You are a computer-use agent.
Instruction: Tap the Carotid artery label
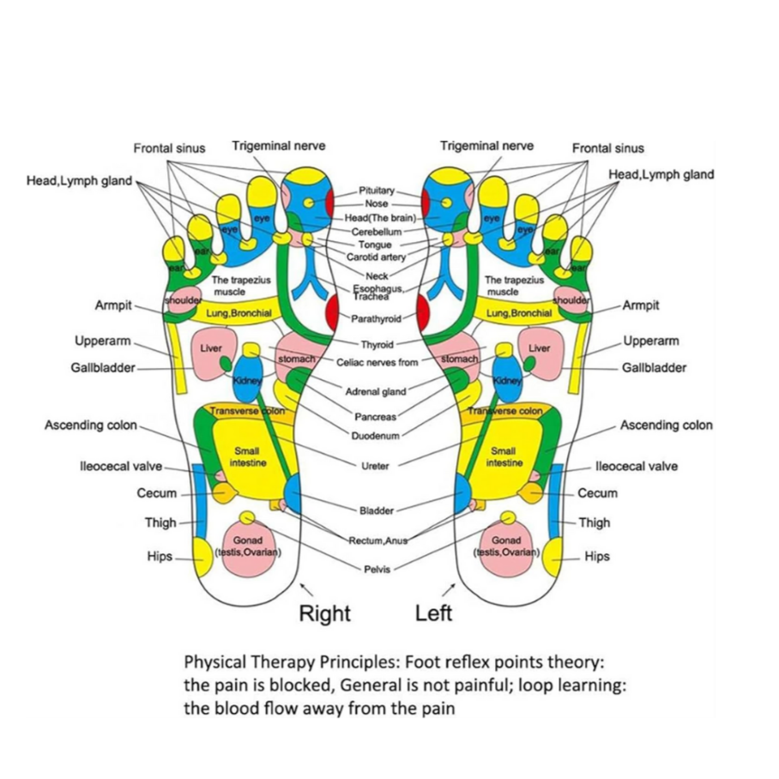coord(376,257)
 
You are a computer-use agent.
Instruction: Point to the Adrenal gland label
coord(376,391)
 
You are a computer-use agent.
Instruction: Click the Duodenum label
coord(375,436)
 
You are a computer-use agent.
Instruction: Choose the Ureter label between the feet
coord(376,466)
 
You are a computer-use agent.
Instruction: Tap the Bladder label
coord(376,511)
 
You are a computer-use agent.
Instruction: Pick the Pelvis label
coord(377,569)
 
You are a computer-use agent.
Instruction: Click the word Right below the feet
coord(324,613)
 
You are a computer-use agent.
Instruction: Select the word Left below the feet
coord(433,613)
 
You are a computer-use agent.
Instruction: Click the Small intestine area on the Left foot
coord(504,456)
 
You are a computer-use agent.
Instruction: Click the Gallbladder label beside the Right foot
coord(103,368)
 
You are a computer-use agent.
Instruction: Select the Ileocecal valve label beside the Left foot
coord(636,467)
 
